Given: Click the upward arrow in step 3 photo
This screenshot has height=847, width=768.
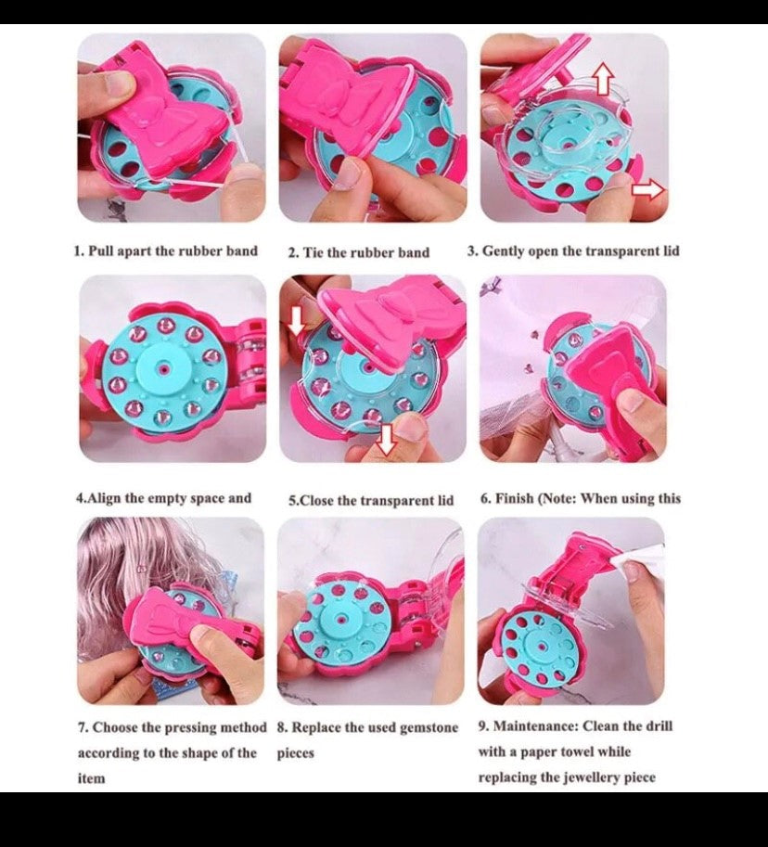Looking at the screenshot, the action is pos(604,78).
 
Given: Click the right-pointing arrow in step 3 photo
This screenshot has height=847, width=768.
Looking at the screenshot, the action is pos(647,189).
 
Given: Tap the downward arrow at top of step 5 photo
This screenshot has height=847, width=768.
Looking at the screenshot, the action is pos(296,321).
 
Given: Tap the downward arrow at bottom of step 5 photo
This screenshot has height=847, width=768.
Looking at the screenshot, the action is pos(385,439).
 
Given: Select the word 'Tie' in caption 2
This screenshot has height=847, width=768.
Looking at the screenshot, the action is pos(313,252).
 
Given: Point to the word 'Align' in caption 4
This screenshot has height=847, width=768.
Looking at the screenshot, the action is pos(104,498).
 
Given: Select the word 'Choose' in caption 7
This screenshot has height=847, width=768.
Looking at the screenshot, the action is pos(115,727).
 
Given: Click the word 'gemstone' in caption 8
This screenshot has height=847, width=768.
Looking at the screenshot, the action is pos(429,728).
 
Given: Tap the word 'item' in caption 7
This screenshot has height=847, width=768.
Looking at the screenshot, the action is pos(91,778).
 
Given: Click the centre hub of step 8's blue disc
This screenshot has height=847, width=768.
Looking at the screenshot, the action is pos(341,618).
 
